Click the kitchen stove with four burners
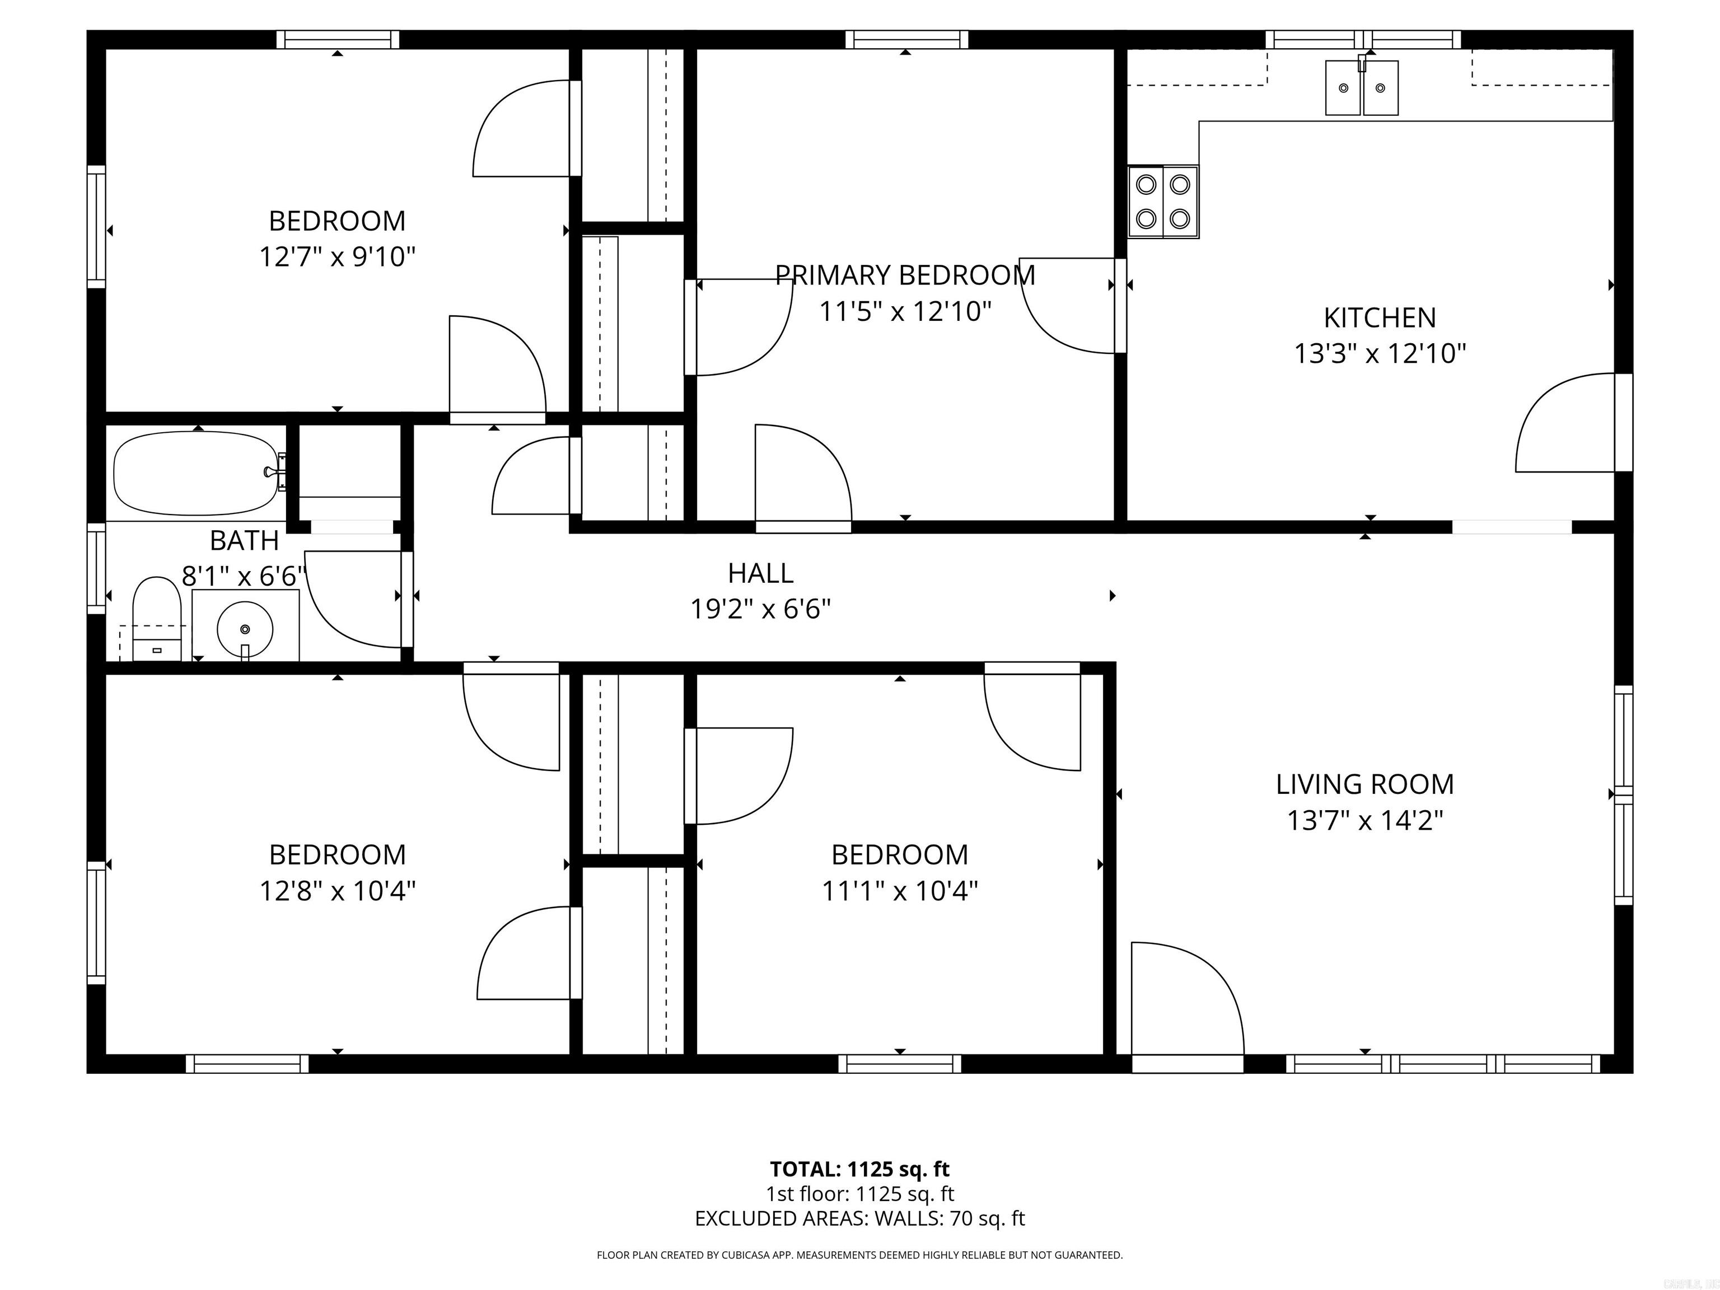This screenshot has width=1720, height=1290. pyautogui.click(x=1163, y=202)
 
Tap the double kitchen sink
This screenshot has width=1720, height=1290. pyautogui.click(x=1362, y=88)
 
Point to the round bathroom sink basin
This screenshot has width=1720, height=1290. pyautogui.click(x=245, y=628)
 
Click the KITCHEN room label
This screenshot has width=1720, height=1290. pyautogui.click(x=1380, y=317)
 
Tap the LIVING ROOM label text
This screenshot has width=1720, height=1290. pyautogui.click(x=1364, y=784)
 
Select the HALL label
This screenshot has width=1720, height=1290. pyautogui.click(x=760, y=573)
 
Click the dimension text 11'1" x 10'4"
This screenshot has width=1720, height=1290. pyautogui.click(x=900, y=890)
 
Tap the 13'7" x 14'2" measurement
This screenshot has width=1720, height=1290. pyautogui.click(x=1364, y=820)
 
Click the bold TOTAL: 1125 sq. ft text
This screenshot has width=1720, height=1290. pyautogui.click(x=859, y=1169)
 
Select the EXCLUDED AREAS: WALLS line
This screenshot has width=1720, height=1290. pyautogui.click(x=859, y=1218)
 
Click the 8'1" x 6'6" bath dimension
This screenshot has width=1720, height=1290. pyautogui.click(x=244, y=576)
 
